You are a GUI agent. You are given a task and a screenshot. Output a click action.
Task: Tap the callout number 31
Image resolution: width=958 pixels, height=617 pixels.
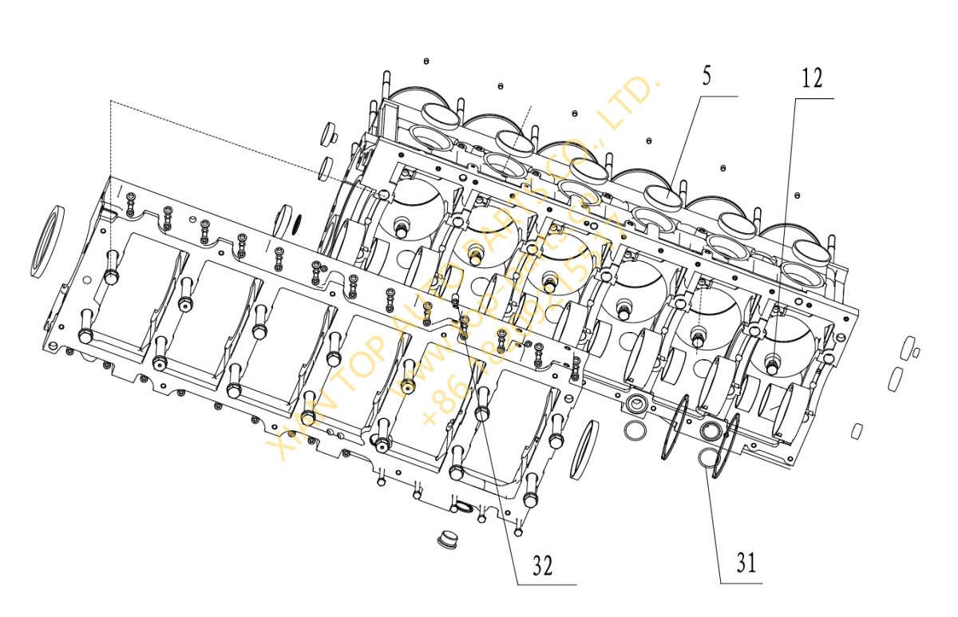[744, 564]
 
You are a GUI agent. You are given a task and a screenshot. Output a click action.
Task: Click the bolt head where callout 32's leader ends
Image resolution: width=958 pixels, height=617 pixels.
[482, 413]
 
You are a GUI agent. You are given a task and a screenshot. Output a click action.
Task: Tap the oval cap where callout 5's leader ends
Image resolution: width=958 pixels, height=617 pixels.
[663, 194]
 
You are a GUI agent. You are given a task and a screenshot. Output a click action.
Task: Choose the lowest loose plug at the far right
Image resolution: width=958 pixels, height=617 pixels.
[857, 431]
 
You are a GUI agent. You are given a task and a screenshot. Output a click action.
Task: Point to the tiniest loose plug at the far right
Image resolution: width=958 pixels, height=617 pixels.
[916, 352]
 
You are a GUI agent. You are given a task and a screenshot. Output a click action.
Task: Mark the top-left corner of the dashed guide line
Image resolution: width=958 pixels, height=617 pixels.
[110, 101]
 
